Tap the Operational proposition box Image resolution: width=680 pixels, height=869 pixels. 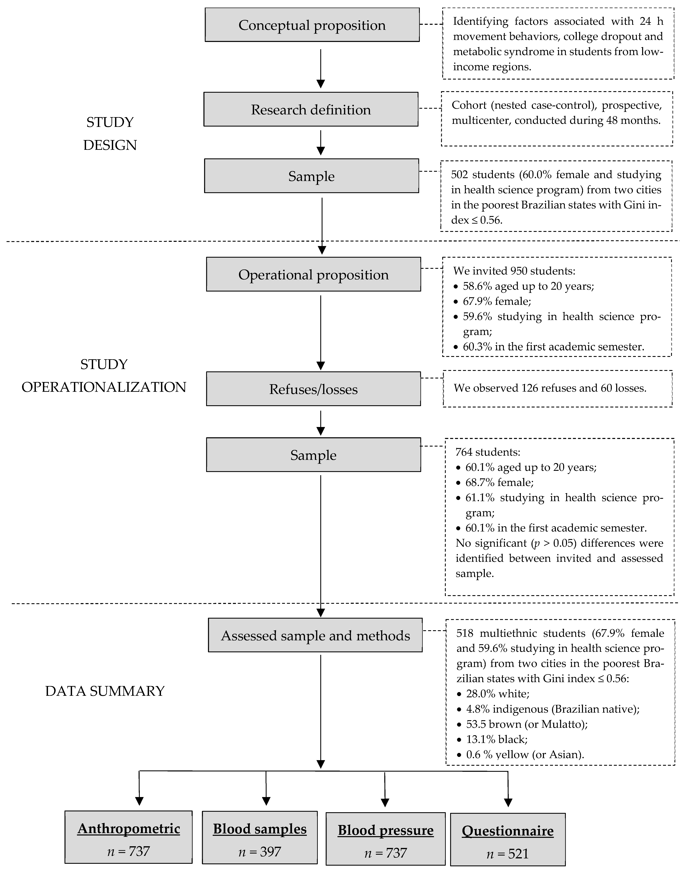pos(313,275)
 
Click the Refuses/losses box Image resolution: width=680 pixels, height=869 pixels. pos(313,389)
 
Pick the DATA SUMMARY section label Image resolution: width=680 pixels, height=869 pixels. pos(105,691)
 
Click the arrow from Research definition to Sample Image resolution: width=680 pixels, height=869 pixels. pos(320,143)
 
